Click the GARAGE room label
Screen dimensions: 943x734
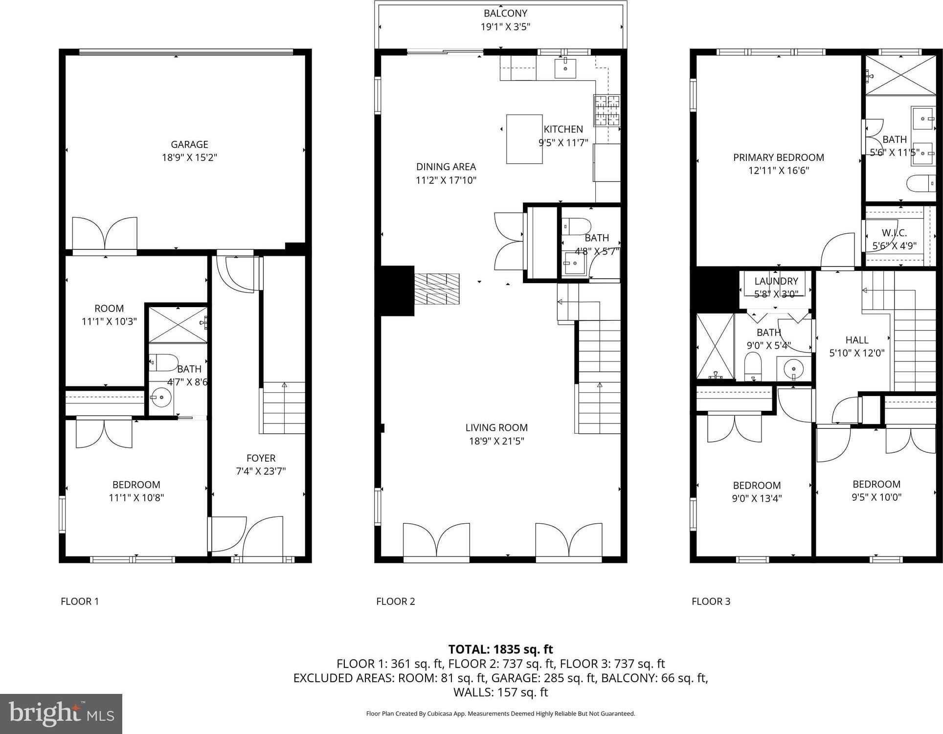click(189, 144)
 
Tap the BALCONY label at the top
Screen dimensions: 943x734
click(505, 14)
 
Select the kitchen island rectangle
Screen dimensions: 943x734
click(524, 139)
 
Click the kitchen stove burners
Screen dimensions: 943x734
click(606, 110)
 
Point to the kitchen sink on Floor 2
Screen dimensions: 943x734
click(565, 68)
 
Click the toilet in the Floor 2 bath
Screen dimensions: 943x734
click(576, 226)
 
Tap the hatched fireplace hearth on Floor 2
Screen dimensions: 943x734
click(437, 289)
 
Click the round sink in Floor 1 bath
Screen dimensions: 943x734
click(160, 397)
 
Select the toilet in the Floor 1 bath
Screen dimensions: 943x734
click(163, 362)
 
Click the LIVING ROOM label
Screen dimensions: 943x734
click(496, 427)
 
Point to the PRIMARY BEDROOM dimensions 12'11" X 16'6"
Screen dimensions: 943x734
click(778, 171)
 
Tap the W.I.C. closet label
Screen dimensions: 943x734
click(894, 233)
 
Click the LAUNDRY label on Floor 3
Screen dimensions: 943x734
click(776, 281)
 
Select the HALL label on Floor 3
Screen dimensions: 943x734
click(857, 340)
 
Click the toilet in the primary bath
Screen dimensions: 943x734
click(921, 184)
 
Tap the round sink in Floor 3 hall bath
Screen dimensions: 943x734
click(793, 368)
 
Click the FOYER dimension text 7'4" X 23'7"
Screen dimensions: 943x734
click(261, 471)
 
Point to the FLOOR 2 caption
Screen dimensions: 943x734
click(395, 601)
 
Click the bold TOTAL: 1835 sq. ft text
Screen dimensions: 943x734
click(500, 649)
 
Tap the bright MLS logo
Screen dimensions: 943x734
click(61, 714)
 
